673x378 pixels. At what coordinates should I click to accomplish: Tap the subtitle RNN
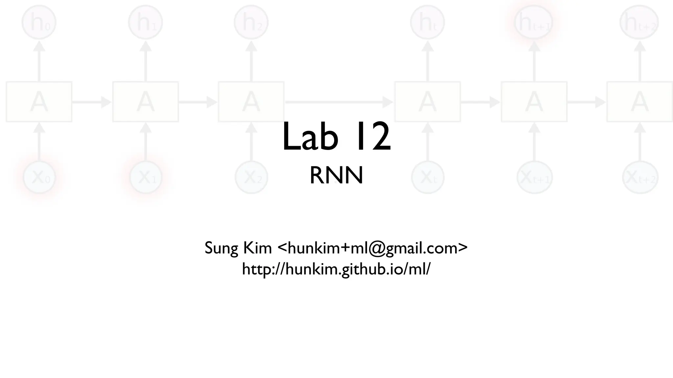click(336, 176)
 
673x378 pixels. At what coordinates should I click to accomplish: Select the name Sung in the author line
click(221, 248)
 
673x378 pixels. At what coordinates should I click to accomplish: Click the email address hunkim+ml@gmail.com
click(372, 248)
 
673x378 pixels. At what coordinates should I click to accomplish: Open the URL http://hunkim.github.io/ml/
click(336, 269)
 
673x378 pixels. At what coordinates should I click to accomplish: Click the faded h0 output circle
click(39, 22)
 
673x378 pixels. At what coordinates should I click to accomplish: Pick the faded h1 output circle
click(145, 22)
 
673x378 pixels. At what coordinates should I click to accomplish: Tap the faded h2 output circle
click(251, 22)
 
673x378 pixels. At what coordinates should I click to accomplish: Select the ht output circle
click(427, 22)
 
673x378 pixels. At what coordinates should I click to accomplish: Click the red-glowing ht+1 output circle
click(534, 22)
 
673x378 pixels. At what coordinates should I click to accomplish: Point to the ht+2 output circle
click(639, 22)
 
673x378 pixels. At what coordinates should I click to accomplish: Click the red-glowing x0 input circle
click(39, 178)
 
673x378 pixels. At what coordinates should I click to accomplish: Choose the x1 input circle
click(145, 178)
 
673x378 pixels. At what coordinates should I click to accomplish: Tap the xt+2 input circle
click(639, 178)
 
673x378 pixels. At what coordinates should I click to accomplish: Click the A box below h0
click(39, 102)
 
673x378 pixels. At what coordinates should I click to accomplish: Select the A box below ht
click(427, 102)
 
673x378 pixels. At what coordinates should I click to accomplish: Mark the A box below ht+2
click(639, 102)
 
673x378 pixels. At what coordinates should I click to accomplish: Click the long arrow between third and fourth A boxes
click(338, 102)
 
